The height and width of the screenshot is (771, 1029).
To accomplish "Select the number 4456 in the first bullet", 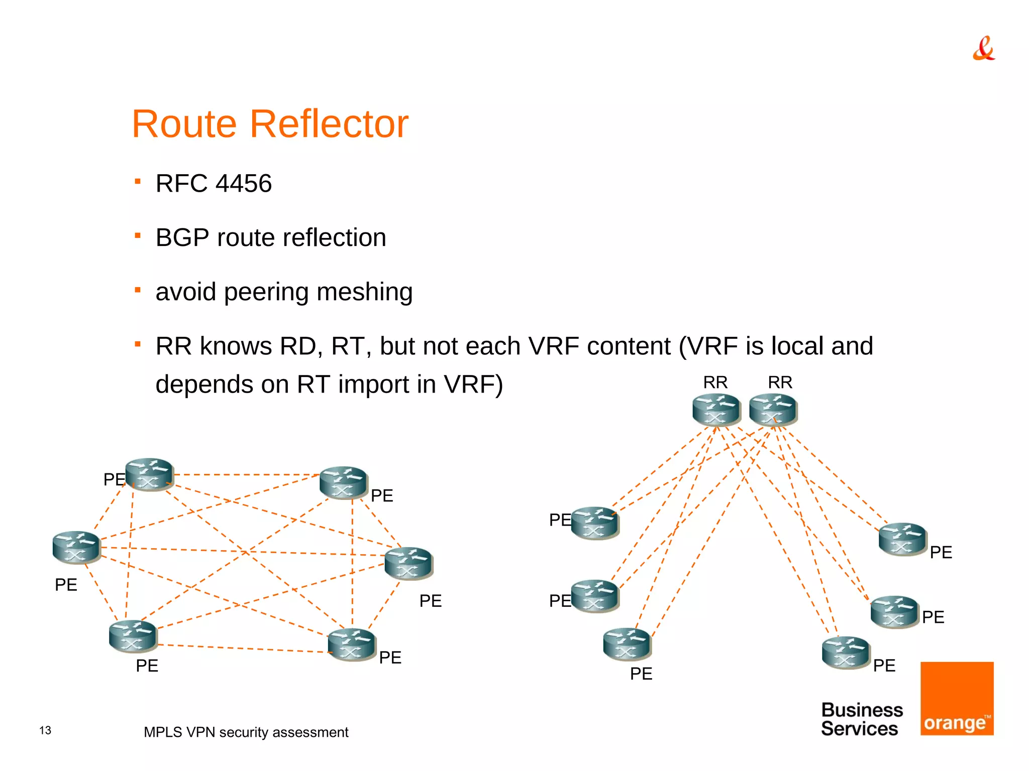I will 244,183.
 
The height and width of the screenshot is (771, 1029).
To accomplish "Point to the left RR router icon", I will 716,410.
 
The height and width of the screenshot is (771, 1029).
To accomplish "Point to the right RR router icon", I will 773,410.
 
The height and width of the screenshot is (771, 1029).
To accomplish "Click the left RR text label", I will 715,382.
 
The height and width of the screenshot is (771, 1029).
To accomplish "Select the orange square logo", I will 957,698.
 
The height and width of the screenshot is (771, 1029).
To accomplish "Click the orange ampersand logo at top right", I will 983,49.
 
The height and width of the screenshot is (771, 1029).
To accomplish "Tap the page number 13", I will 45,730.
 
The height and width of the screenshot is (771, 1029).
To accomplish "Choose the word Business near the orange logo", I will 862,710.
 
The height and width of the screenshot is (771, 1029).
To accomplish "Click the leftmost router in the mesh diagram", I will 76,547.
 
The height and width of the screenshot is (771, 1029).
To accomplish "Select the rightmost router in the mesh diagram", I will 408,563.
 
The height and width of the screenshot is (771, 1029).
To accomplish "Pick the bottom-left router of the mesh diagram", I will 133,636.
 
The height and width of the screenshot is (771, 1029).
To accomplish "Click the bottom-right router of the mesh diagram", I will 352,645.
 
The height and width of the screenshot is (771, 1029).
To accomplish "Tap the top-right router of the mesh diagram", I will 344,482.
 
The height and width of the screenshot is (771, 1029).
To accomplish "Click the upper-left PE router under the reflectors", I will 595,523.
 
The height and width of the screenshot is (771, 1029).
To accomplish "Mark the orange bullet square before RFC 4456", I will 138,181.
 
